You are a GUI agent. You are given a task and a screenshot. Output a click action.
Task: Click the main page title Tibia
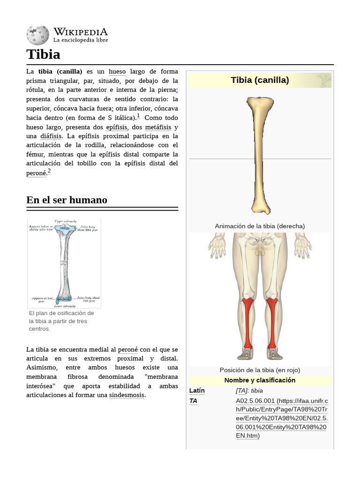tap(44, 54)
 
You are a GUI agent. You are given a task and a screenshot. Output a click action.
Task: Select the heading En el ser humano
tap(67, 200)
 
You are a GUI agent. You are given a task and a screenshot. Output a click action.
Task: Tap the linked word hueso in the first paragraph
tap(117, 72)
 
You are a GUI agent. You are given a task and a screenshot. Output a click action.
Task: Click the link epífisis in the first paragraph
tap(116, 127)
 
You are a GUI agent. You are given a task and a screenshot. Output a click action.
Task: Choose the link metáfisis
tap(158, 127)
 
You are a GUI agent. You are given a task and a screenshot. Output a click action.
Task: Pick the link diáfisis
tap(51, 136)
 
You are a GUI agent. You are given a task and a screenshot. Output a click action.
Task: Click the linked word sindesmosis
tap(127, 395)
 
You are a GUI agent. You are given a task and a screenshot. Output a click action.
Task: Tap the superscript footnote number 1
tap(138, 116)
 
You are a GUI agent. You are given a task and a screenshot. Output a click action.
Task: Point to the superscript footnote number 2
tap(49, 171)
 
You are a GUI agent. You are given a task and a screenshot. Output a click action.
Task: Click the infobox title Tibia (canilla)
tap(260, 80)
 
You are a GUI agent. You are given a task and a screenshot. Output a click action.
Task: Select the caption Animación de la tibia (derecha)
tap(260, 226)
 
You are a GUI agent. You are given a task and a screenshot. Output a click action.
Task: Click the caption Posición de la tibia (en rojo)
tap(260, 370)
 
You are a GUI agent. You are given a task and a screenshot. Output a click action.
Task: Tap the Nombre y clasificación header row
tap(260, 380)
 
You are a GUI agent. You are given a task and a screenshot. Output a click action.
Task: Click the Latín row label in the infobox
tap(197, 390)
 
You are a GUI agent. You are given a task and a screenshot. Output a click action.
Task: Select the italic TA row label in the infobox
tap(193, 401)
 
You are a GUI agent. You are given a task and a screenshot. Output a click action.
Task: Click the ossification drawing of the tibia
tap(64, 262)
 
